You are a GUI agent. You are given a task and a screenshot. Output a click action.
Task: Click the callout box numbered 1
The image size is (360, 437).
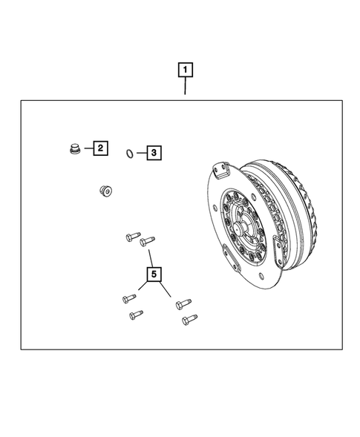pyautogui.click(x=185, y=70)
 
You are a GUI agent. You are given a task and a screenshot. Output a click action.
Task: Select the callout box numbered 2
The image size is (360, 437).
pyautogui.click(x=99, y=148)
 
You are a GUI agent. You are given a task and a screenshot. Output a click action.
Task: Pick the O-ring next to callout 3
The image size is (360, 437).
pyautogui.click(x=129, y=154)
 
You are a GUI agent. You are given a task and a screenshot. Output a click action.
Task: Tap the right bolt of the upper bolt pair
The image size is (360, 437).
pyautogui.click(x=148, y=240)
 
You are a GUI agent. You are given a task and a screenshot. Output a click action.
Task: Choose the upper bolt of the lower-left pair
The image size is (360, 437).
pyautogui.click(x=126, y=299)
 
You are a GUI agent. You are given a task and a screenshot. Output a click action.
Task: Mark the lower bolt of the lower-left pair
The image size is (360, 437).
pyautogui.click(x=135, y=315)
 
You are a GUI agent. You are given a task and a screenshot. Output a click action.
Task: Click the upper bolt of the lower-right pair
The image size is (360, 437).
pyautogui.click(x=182, y=304)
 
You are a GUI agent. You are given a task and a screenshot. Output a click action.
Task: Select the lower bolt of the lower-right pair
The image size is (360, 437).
pyautogui.click(x=186, y=321)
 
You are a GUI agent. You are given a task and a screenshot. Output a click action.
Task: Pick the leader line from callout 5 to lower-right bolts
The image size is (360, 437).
pyautogui.click(x=168, y=292)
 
